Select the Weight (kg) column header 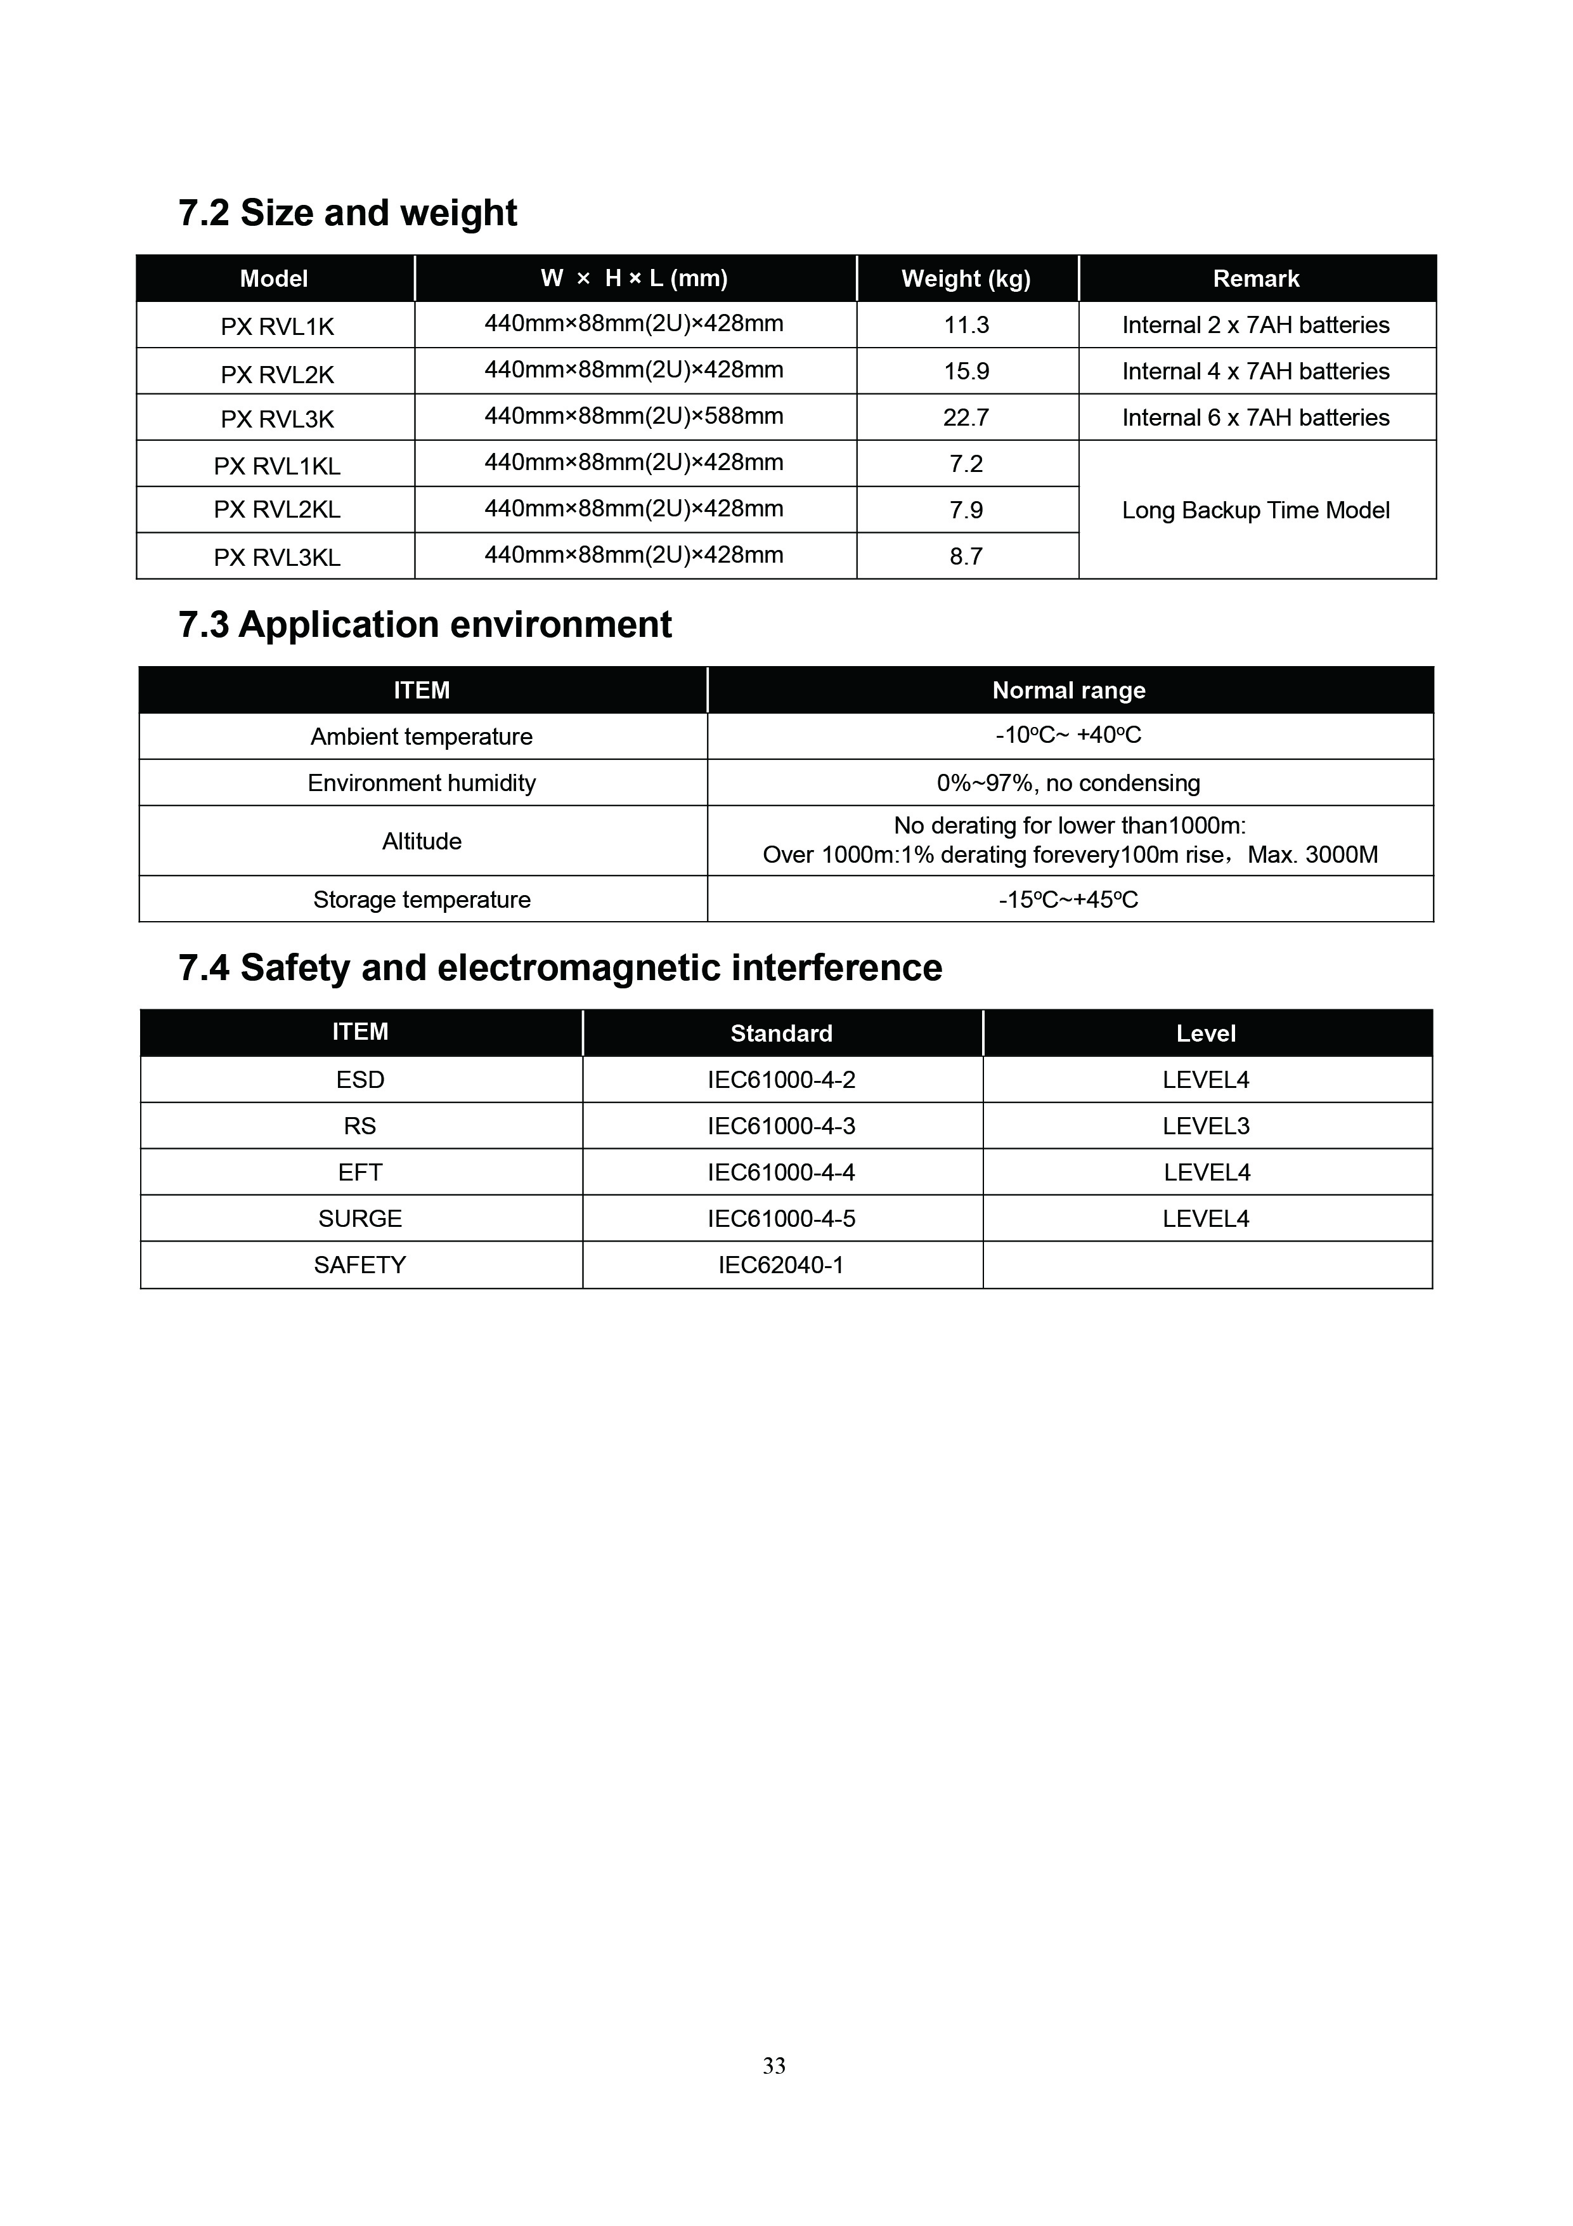(x=966, y=279)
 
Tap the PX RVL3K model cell (x=277, y=419)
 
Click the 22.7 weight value (x=966, y=418)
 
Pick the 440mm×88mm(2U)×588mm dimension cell (x=634, y=416)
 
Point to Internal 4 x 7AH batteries (x=1255, y=371)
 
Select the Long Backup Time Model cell (x=1255, y=510)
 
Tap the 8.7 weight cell (x=966, y=556)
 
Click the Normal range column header (x=1068, y=690)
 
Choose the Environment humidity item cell (x=422, y=782)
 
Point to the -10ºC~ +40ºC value (x=1068, y=735)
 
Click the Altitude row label (x=422, y=841)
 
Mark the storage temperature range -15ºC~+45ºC (x=1068, y=900)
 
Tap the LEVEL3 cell (x=1206, y=1125)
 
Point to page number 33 (x=774, y=2066)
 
